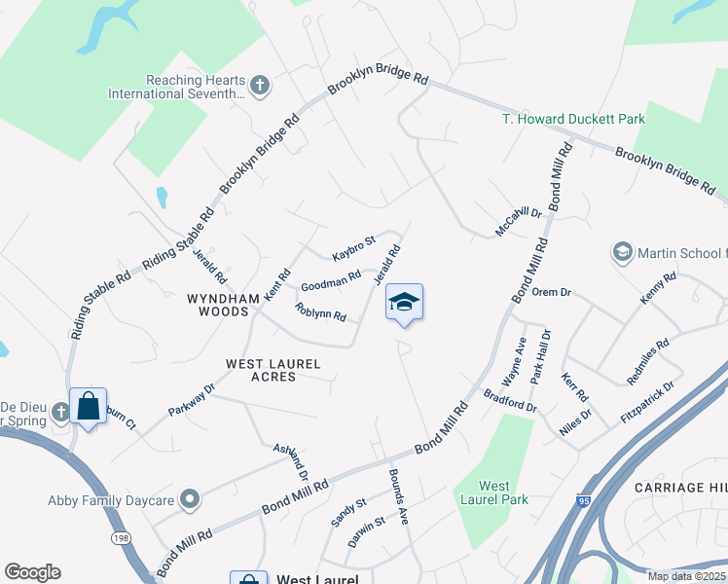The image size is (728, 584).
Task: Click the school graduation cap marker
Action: [405, 302]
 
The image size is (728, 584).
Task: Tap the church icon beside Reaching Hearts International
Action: [260, 86]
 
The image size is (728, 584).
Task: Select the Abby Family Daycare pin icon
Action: [190, 500]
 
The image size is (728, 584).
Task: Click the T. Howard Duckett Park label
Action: [573, 119]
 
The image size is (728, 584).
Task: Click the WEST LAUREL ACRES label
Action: [273, 369]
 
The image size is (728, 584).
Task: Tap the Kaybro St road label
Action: [352, 248]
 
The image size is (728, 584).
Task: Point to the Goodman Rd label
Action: [331, 281]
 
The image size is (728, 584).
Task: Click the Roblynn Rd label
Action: [320, 312]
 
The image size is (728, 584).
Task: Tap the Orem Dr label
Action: [551, 291]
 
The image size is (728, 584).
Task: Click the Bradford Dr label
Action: [509, 399]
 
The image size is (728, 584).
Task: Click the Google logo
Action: [32, 572]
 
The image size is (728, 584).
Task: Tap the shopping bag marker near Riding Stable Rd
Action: [89, 406]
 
